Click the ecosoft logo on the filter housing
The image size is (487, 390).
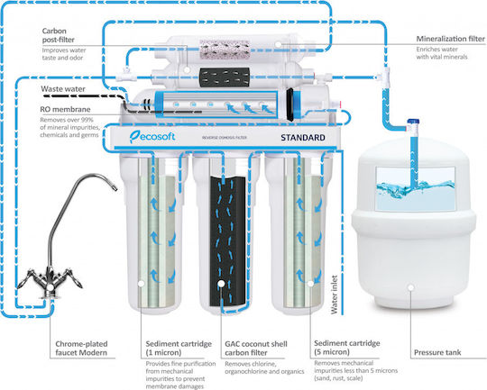pyautogui.click(x=152, y=137)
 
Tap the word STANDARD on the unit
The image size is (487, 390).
pyautogui.click(x=303, y=138)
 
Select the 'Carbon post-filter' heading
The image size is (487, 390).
pyautogui.click(x=59, y=35)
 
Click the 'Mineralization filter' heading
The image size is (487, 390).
pyautogui.click(x=450, y=39)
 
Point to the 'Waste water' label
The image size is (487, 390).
pyautogui.click(x=63, y=89)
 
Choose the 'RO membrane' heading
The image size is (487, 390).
pyautogui.click(x=65, y=109)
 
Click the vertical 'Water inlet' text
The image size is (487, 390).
pyautogui.click(x=335, y=295)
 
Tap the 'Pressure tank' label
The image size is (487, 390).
pyautogui.click(x=437, y=352)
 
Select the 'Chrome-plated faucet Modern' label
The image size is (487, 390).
pyautogui.click(x=81, y=348)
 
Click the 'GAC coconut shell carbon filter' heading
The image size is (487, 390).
pyautogui.click(x=256, y=348)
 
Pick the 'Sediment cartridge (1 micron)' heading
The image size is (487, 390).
pyautogui.click(x=179, y=348)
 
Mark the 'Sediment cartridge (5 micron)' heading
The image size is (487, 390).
pyautogui.click(x=347, y=348)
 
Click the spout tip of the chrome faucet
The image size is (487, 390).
pyautogui.click(x=115, y=187)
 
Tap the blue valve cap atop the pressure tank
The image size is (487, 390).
pyautogui.click(x=413, y=122)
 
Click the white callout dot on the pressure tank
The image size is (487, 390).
pyautogui.click(x=411, y=287)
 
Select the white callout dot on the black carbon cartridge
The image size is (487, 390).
pyautogui.click(x=221, y=284)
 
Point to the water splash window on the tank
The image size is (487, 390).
pyautogui.click(x=415, y=188)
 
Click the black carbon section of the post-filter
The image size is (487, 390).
pyautogui.click(x=225, y=77)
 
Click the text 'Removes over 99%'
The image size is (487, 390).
pyautogui.click(x=67, y=120)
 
